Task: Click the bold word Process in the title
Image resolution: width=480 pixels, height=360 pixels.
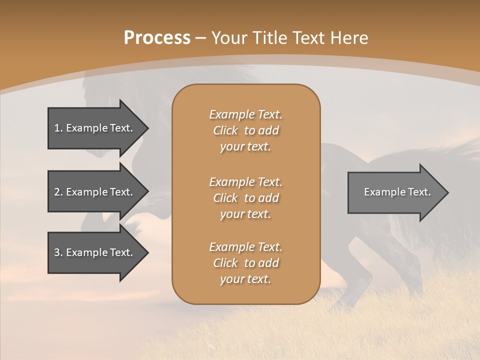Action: (x=157, y=37)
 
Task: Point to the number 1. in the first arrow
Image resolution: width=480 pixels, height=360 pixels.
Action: (x=58, y=128)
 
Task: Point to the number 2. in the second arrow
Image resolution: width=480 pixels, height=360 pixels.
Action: (x=58, y=192)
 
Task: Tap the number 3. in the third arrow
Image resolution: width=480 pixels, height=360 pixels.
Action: (x=58, y=252)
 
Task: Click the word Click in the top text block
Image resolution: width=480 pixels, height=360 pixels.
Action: (x=225, y=130)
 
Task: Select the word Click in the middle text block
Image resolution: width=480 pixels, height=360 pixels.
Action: (x=225, y=198)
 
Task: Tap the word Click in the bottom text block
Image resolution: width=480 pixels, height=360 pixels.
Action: (x=225, y=263)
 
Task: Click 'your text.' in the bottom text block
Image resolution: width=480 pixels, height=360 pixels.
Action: (x=245, y=279)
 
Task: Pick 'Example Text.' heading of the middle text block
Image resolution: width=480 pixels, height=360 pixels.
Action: (x=245, y=181)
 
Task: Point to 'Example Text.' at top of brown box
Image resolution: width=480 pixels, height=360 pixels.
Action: (x=245, y=114)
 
